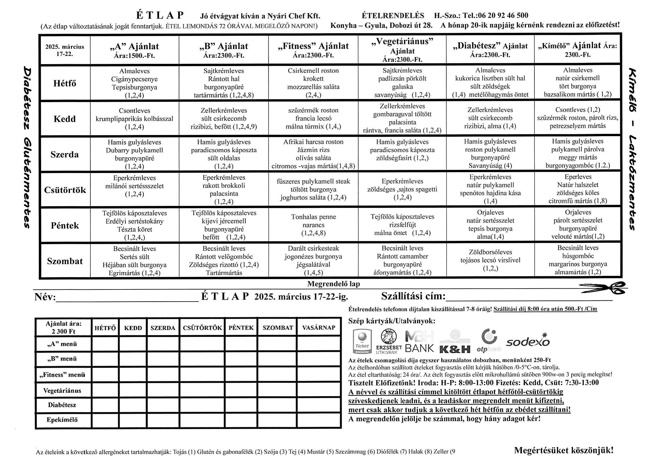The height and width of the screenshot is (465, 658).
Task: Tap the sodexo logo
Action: (x=528, y=342)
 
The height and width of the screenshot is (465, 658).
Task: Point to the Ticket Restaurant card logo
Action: (x=362, y=342)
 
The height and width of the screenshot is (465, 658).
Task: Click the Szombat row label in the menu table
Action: (x=65, y=261)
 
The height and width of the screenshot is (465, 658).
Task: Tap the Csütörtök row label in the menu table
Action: (x=65, y=190)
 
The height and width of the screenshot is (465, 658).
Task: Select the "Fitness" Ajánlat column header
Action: (x=313, y=50)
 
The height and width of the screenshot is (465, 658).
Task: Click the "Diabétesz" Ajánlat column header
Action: (x=490, y=50)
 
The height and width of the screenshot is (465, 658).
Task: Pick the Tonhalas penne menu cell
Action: (x=313, y=225)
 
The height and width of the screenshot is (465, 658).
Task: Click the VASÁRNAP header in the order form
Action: (x=319, y=328)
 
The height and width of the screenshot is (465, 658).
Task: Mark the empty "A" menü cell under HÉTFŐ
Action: (x=105, y=344)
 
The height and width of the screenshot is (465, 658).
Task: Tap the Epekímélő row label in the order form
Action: (x=63, y=420)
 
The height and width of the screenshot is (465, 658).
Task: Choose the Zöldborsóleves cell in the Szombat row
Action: (x=490, y=260)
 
